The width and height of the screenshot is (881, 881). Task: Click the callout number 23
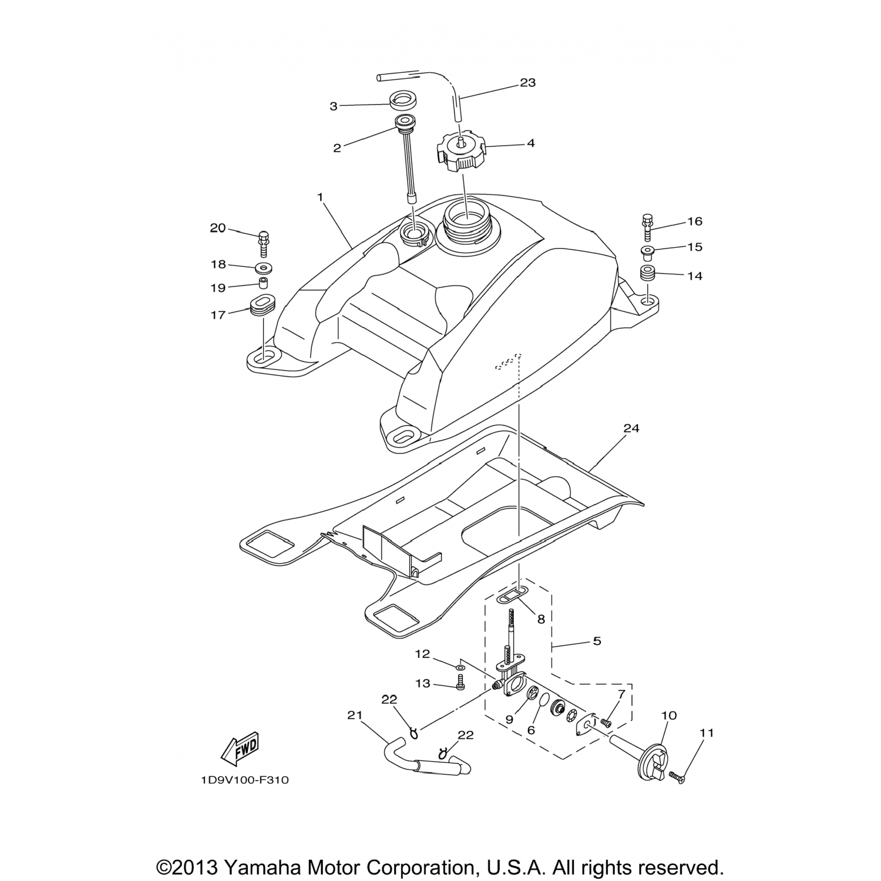(527, 83)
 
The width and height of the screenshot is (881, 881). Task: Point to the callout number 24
(631, 429)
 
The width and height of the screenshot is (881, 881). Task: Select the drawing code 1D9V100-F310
(244, 781)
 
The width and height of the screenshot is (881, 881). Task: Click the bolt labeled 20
(263, 242)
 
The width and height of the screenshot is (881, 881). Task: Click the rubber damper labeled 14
(647, 274)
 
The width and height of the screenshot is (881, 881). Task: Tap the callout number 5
(597, 641)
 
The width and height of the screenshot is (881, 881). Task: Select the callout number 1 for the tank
(321, 197)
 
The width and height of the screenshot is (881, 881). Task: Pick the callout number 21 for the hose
(354, 715)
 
